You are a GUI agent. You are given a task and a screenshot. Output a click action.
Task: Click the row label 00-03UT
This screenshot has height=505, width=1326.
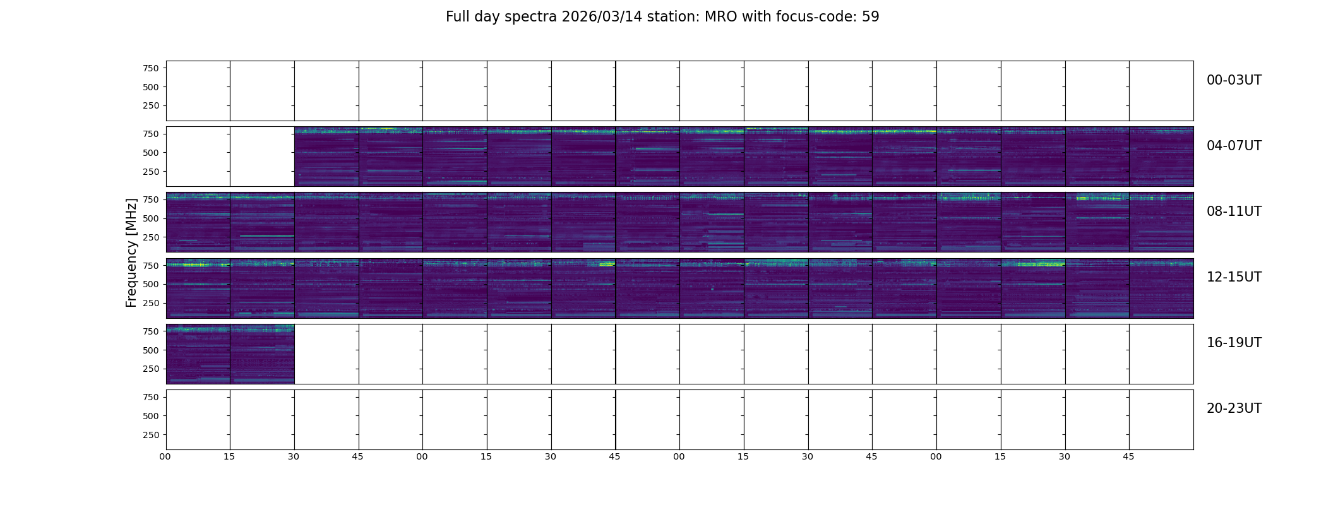[x=1234, y=80]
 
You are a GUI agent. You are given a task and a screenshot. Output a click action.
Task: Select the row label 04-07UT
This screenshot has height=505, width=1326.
[x=1234, y=146]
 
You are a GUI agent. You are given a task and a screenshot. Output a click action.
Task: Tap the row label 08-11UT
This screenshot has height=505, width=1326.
[x=1234, y=211]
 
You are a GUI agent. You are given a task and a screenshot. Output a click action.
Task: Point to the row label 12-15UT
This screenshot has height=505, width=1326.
[x=1234, y=277]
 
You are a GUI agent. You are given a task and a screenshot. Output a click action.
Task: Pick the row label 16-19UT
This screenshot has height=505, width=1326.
[x=1234, y=343]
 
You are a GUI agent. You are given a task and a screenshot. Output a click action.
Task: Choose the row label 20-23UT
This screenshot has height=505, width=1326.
[x=1234, y=408]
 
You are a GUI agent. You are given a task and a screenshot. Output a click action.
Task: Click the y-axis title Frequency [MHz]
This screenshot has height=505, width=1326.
[x=131, y=253]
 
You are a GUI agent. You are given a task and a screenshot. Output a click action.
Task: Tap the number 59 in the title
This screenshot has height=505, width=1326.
[x=871, y=17]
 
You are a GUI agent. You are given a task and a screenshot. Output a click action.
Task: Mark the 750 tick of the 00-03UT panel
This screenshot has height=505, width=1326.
[x=151, y=68]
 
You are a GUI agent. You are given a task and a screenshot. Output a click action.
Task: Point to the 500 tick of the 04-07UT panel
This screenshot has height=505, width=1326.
[x=151, y=153]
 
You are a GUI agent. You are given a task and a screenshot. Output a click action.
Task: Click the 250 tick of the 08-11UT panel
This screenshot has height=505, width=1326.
[x=151, y=237]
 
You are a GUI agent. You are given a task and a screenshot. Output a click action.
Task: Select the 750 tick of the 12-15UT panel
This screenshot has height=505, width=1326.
[x=151, y=266]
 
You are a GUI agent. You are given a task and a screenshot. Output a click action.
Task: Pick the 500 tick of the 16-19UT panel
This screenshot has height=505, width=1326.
[x=151, y=350]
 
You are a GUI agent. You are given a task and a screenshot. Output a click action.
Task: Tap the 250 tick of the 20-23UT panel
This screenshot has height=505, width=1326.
[x=151, y=435]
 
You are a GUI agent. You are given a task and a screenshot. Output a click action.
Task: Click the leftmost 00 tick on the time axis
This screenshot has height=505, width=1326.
[x=165, y=457]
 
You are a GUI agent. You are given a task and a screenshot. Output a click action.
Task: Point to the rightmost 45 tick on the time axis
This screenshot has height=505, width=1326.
[x=1128, y=457]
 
